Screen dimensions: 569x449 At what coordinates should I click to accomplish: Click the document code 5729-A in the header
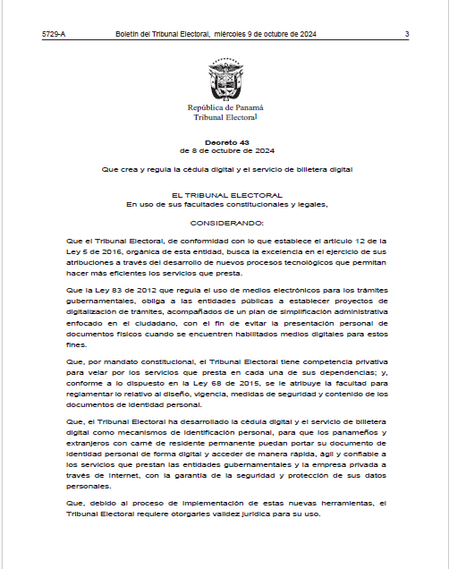[x=54, y=34]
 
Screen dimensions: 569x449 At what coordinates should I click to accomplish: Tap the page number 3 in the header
[x=406, y=34]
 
